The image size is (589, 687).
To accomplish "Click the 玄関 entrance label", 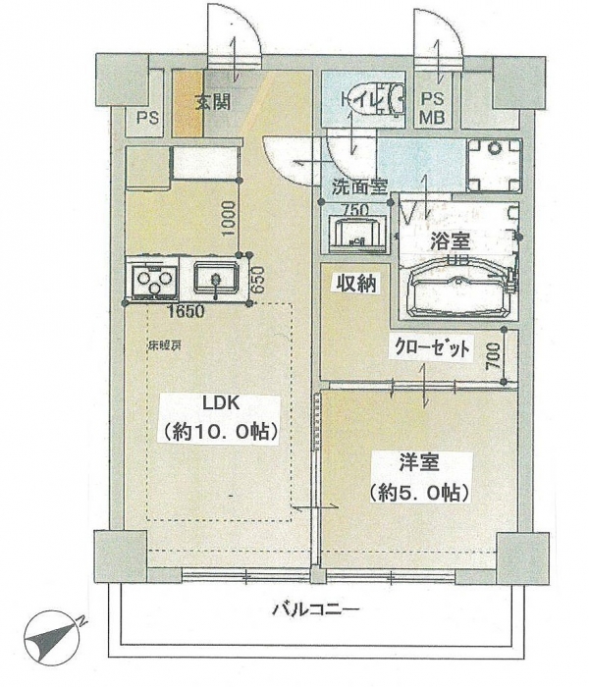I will pyautogui.click(x=213, y=102).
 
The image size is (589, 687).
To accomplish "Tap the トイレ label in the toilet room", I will pyautogui.click(x=356, y=100).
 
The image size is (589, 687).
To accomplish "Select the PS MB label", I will pyautogui.click(x=432, y=108).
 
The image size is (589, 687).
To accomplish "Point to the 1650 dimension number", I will pyautogui.click(x=185, y=313).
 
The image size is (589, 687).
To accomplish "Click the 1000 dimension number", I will pyautogui.click(x=227, y=218).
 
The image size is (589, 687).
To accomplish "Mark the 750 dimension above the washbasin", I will pyautogui.click(x=354, y=209).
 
